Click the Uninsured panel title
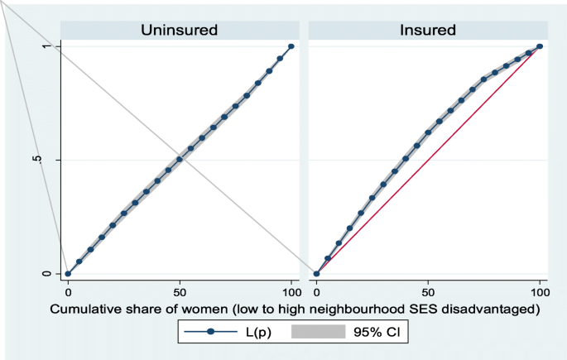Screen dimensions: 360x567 coord(179,31)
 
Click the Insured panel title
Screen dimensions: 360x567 coord(428,31)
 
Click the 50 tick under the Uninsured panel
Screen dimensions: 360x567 coord(180,292)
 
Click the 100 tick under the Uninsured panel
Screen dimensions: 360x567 coord(291,292)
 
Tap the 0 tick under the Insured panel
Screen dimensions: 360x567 coord(316,292)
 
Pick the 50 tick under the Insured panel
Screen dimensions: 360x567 coord(428,292)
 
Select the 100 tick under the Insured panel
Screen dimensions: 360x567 coord(540,292)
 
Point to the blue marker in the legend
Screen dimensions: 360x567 coord(212,332)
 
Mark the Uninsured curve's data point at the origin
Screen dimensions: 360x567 coord(68,274)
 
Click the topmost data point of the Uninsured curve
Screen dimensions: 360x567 coord(291,46)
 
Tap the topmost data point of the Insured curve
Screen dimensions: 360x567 coord(540,46)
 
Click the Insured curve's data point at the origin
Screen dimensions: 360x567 coord(316,274)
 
